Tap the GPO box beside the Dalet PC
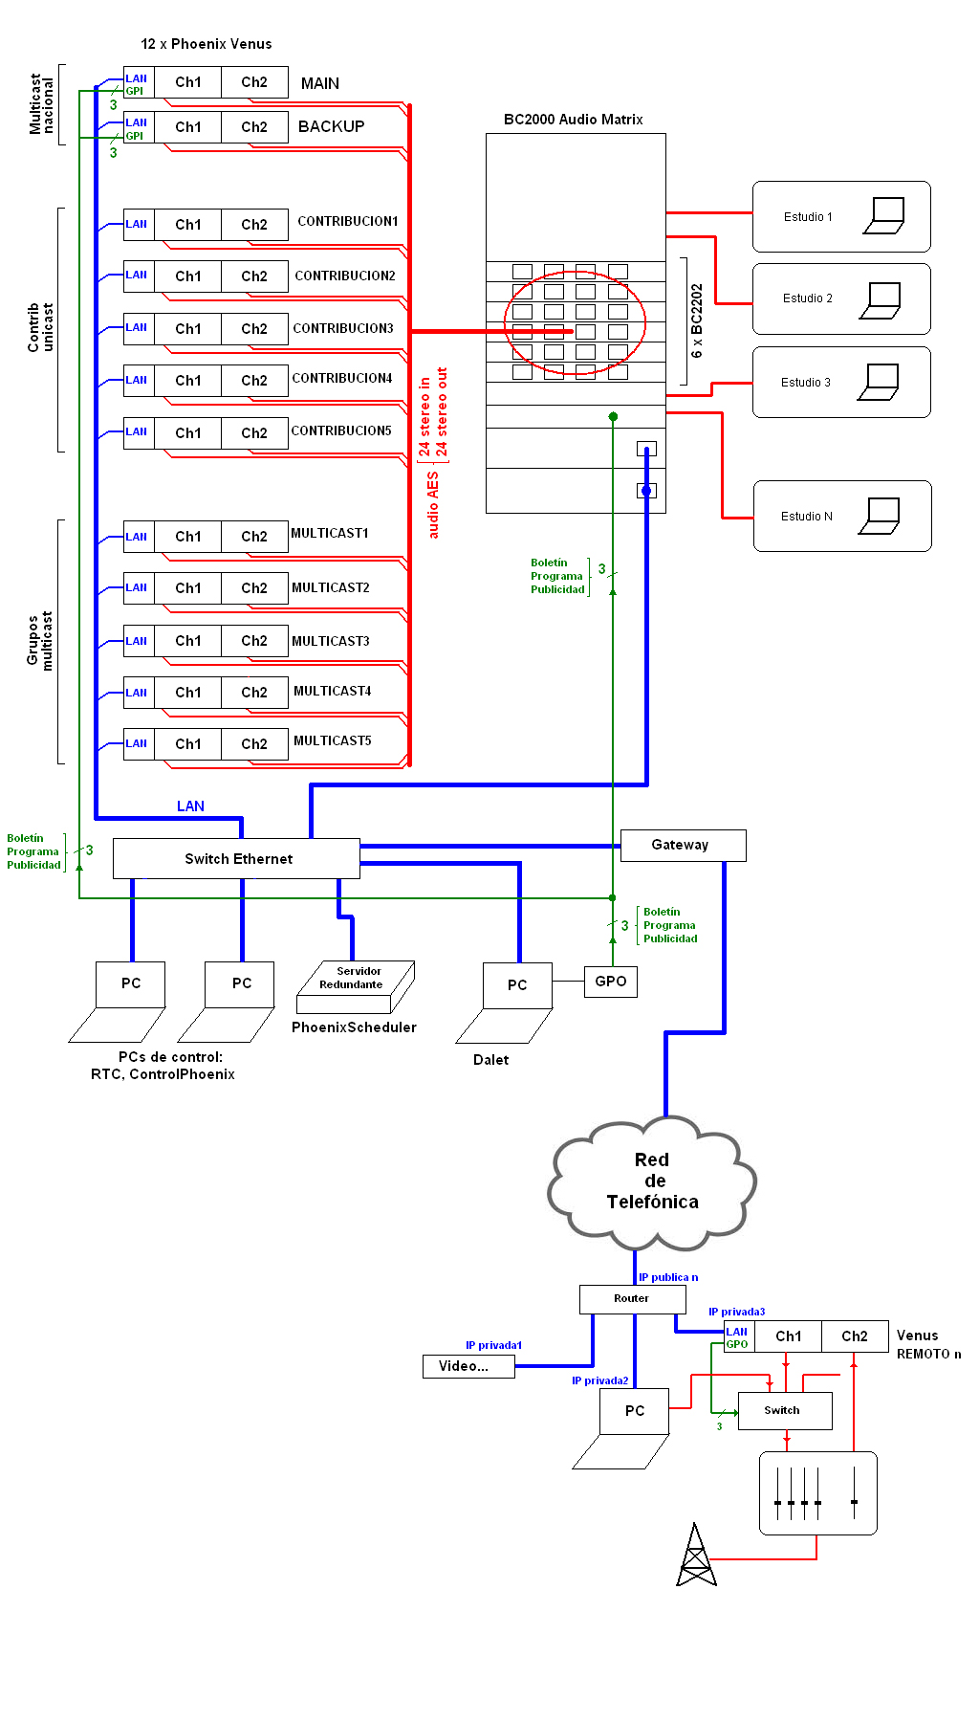pos(610,982)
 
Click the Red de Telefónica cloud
pos(652,1182)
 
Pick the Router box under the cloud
pos(632,1298)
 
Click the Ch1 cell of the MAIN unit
pos(187,82)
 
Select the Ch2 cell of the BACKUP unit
pos(254,127)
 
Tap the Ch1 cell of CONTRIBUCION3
pos(187,329)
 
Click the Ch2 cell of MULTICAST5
pos(254,744)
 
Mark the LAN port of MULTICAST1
pos(138,537)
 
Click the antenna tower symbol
pos(696,1556)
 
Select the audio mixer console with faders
pos(817,1493)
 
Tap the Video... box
pos(468,1366)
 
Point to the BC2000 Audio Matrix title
pos(573,120)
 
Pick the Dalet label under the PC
pos(490,1060)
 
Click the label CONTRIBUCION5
pos(341,431)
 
